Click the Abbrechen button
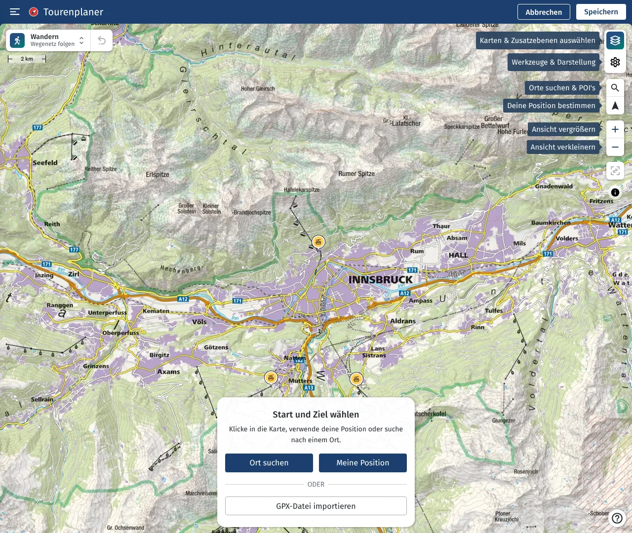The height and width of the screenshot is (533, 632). (544, 12)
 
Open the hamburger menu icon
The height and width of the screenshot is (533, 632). (15, 12)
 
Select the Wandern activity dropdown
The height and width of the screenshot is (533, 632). (48, 40)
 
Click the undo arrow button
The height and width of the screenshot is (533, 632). (102, 40)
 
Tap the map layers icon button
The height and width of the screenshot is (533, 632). (615, 40)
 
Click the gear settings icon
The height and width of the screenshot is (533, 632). (615, 62)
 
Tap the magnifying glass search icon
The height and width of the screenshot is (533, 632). (615, 88)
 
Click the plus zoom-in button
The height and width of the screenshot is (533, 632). (615, 129)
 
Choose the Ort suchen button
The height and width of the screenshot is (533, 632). (269, 463)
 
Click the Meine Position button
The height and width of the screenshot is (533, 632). (363, 463)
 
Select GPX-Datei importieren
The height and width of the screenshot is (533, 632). (316, 506)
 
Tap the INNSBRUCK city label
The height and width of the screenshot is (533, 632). (380, 280)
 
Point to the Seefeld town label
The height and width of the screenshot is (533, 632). (45, 163)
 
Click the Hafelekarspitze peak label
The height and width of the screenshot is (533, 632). (302, 190)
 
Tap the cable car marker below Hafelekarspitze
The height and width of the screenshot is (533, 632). (318, 242)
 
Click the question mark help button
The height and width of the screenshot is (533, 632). (617, 518)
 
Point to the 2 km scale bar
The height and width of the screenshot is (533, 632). (27, 59)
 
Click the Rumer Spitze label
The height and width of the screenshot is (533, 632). (356, 174)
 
